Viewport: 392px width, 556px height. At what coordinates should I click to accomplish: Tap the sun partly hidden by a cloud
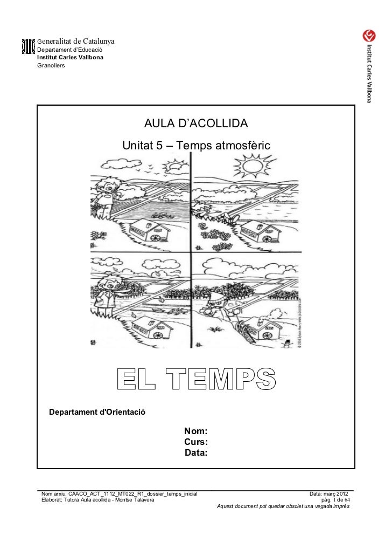(x=173, y=168)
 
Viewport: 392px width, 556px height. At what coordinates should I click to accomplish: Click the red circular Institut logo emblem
(x=369, y=36)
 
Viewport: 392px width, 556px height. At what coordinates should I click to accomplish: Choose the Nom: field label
(x=196, y=431)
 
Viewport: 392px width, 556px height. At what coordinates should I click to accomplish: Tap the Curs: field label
(x=196, y=442)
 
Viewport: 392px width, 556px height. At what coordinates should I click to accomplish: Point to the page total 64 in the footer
(x=346, y=500)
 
